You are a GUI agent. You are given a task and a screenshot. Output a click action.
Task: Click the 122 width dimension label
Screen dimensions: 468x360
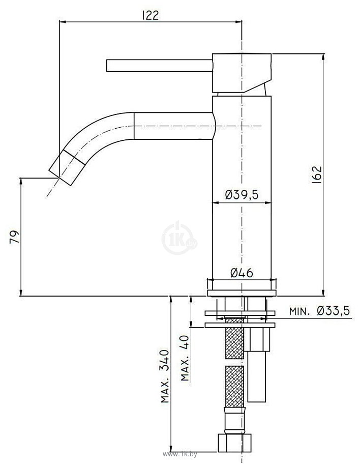click(150, 15)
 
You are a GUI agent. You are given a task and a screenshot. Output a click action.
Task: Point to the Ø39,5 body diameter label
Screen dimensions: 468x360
click(242, 194)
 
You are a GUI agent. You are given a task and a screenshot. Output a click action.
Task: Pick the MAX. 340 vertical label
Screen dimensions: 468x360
click(165, 376)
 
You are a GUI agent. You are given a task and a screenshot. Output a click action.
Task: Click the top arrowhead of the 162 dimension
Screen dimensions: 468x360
click(323, 56)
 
